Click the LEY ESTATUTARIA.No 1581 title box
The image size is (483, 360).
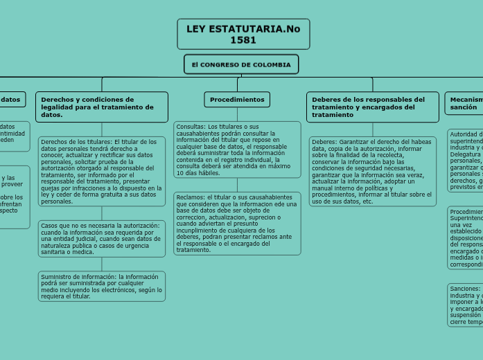pos(243,34)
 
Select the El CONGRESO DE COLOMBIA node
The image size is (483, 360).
pos(241,64)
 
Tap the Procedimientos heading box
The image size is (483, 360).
pos(237,100)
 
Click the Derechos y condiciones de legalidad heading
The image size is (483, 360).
pos(102,107)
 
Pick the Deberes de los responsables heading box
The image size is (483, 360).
pos(372,107)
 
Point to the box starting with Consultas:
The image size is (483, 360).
pos(237,150)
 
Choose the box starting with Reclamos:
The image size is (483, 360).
pos(237,223)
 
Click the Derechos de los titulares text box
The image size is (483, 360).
pos(102,172)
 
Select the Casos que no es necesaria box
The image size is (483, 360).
pos(102,238)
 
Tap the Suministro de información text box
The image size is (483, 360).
pos(102,286)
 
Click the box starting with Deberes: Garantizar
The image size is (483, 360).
pos(372,171)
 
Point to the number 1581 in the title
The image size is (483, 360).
pos(243,40)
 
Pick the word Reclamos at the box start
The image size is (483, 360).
pos(191,197)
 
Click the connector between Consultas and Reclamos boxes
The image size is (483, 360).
pos(237,184)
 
